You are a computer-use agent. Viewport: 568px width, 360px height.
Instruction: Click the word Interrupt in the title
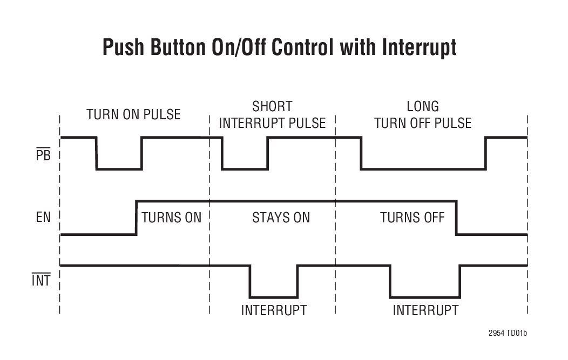[419, 47]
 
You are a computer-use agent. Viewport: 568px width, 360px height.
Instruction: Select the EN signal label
[43, 219]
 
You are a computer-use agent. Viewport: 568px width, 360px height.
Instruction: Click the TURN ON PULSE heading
[133, 114]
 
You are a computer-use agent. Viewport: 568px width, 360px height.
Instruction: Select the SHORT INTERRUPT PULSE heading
[272, 114]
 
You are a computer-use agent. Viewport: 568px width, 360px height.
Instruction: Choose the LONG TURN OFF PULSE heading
[423, 114]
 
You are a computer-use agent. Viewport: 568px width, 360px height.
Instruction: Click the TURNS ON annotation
[171, 218]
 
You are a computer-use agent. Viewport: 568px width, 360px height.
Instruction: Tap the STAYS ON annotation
[281, 218]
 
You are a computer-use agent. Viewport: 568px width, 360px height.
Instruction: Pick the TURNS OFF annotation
[412, 218]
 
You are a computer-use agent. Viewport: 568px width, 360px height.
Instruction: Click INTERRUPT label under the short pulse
[274, 310]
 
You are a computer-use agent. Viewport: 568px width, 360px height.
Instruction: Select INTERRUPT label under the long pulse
[425, 310]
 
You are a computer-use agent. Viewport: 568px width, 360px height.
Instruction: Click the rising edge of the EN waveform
[136, 218]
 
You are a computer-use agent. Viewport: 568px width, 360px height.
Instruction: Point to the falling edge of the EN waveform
[456, 218]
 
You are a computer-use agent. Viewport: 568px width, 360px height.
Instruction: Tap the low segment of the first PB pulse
[119, 169]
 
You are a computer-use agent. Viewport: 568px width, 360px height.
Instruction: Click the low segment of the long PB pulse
[423, 169]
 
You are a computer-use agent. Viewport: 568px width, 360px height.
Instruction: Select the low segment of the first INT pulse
[273, 297]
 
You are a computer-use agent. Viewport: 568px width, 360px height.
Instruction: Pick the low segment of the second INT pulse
[425, 297]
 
